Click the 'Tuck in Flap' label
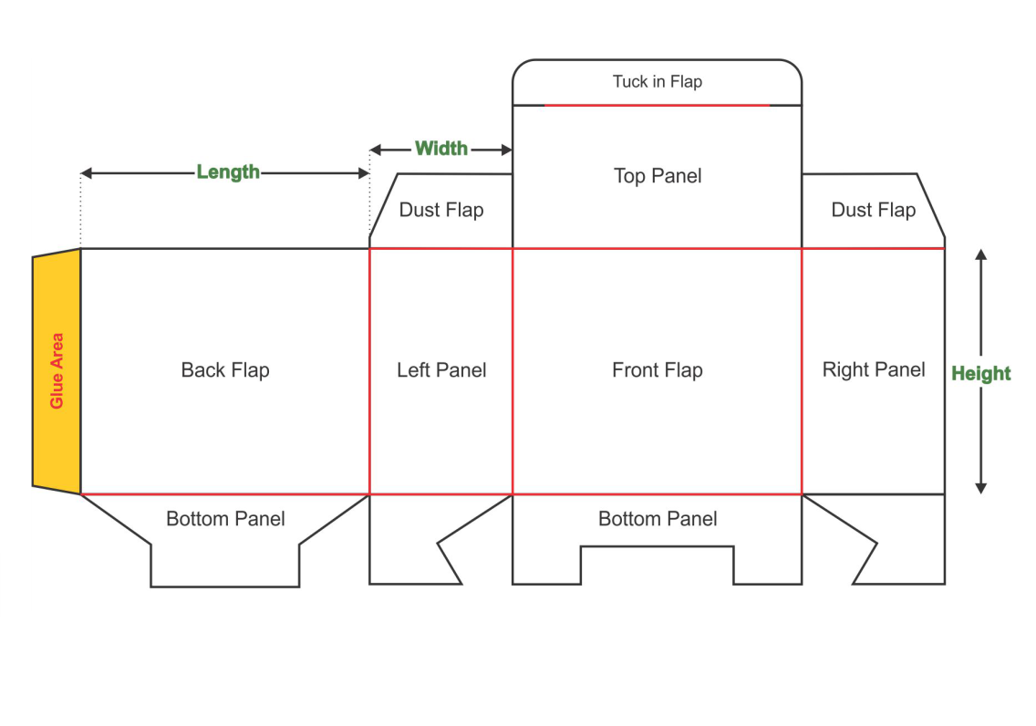657,82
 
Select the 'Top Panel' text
658,176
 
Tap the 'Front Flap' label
658,370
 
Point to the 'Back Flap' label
225,370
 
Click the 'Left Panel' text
441,370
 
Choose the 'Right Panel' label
874,369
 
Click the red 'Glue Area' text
57,370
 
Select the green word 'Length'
228,172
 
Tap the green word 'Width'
441,149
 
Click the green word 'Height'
981,373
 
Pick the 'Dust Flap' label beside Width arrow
441,211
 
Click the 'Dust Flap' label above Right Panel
873,211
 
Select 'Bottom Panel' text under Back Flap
225,519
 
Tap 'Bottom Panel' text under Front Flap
658,519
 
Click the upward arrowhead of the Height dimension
981,254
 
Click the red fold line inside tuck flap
657,106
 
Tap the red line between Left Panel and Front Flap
513,370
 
